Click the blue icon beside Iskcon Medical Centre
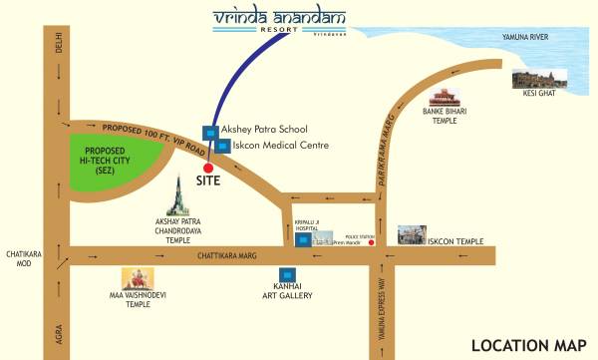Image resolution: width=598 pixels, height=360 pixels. point(223,146)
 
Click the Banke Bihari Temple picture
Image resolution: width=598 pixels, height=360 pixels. point(444,99)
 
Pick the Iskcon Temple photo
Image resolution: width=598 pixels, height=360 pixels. point(409,235)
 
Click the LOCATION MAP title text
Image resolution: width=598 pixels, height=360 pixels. point(528,345)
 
